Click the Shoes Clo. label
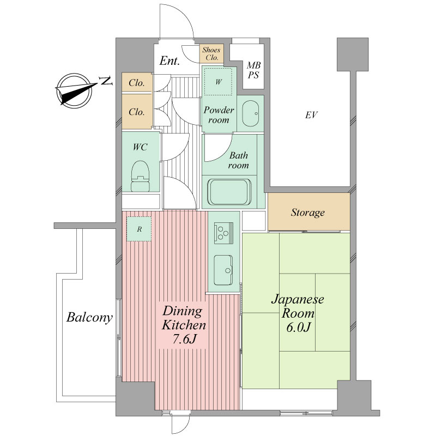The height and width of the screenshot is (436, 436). [211, 53]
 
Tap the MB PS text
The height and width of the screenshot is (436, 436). [253, 70]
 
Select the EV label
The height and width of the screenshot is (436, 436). [311, 115]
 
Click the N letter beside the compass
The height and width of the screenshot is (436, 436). [106, 81]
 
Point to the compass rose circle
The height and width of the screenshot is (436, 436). [74, 90]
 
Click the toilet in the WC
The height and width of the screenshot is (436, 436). [140, 175]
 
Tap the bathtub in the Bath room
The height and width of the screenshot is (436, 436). [229, 192]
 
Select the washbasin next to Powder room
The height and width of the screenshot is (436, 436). [251, 113]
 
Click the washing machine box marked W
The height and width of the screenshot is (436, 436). [219, 81]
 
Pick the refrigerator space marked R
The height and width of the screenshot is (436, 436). [140, 229]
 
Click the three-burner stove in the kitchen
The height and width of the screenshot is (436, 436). [223, 233]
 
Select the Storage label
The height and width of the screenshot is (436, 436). [308, 213]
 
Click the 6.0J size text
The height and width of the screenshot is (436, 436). [298, 328]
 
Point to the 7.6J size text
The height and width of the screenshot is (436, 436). [185, 338]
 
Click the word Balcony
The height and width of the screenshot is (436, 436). [89, 317]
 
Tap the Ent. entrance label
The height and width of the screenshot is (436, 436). [169, 61]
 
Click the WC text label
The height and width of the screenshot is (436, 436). [140, 147]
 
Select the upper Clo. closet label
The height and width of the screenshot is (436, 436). [137, 83]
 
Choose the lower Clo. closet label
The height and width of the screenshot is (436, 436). [137, 112]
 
